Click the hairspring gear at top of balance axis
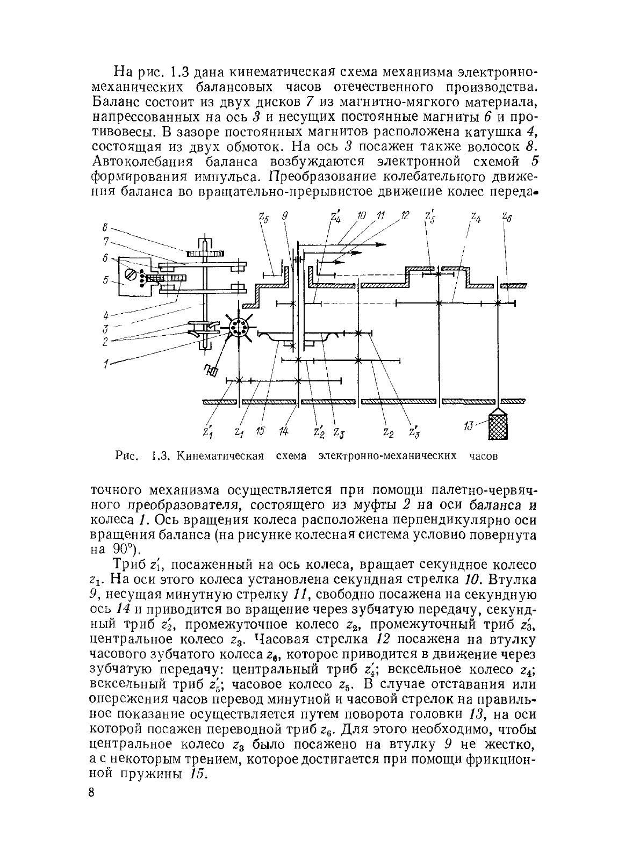coord(205,254)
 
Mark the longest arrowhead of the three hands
coord(380,244)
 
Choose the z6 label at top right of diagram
coord(506,216)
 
